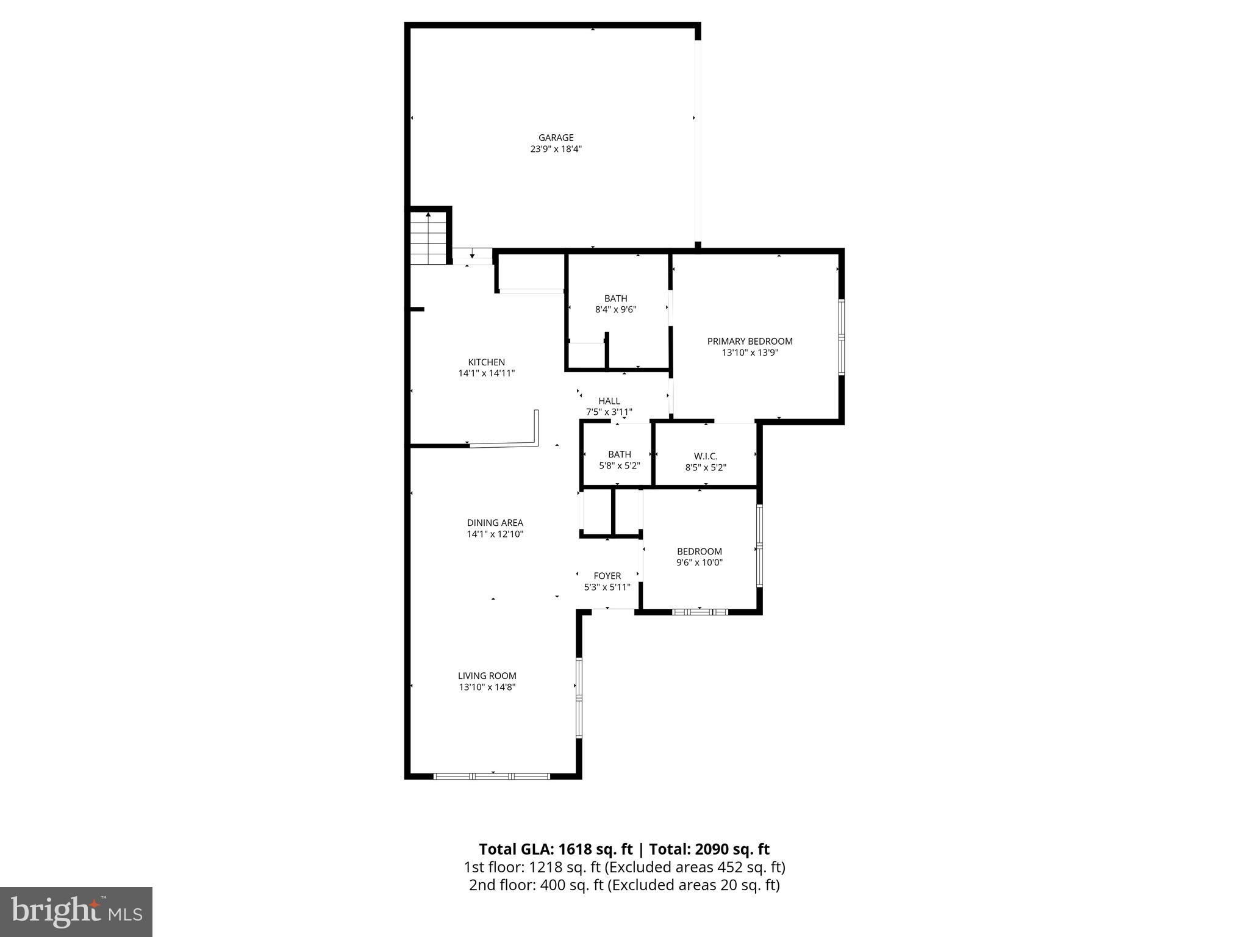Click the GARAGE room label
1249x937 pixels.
click(x=556, y=138)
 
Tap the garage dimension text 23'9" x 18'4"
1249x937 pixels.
click(x=556, y=149)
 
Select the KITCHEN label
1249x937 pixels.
click(x=486, y=362)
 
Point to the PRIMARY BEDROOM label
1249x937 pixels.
click(x=750, y=342)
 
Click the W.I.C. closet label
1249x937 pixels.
click(x=706, y=456)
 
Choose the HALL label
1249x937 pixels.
click(x=609, y=401)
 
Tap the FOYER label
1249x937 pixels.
click(x=607, y=576)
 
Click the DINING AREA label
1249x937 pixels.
click(x=495, y=523)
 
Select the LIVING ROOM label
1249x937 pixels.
click(x=487, y=676)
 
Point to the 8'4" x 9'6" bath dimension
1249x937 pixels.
click(x=615, y=310)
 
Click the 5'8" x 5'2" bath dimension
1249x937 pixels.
click(x=619, y=465)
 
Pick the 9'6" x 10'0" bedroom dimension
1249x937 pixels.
click(x=699, y=562)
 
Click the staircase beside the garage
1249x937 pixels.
click(x=429, y=237)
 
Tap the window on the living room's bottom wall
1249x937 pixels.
click(x=492, y=776)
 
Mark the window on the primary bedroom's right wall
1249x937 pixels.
click(x=842, y=337)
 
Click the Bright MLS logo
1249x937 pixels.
click(x=76, y=911)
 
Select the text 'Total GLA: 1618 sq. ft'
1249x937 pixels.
click(x=556, y=849)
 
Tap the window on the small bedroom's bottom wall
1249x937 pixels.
click(x=700, y=611)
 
